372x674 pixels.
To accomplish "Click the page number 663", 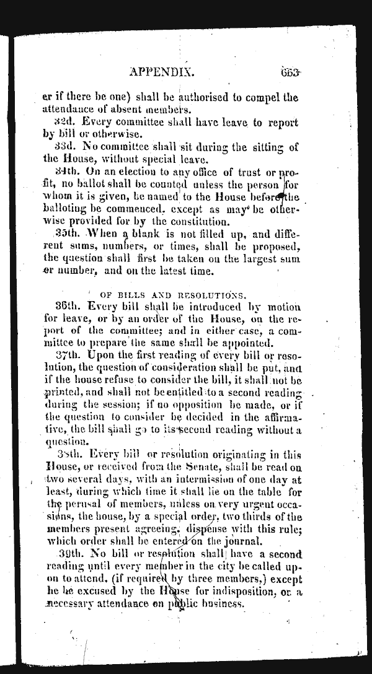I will click(290, 71).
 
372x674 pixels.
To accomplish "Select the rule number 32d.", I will click(65, 121).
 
